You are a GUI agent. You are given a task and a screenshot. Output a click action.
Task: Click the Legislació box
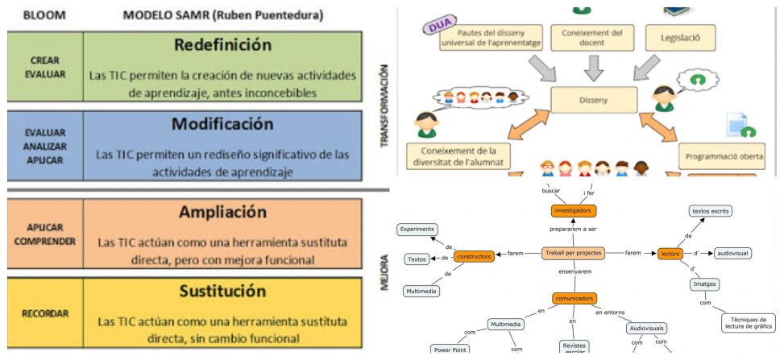click(x=678, y=37)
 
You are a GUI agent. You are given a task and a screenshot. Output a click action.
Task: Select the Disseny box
click(x=594, y=101)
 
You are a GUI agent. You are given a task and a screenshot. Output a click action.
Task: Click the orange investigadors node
click(x=573, y=211)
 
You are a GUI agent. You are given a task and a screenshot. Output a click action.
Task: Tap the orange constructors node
click(x=473, y=257)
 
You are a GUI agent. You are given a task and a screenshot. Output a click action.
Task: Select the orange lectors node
click(x=670, y=253)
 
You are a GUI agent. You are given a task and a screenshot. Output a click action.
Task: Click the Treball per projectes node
click(x=573, y=253)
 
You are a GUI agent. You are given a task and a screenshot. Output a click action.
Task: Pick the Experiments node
click(x=417, y=230)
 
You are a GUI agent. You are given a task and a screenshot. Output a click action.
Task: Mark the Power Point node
click(x=451, y=350)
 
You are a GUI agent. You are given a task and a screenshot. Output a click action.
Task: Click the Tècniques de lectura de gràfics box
click(x=749, y=321)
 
